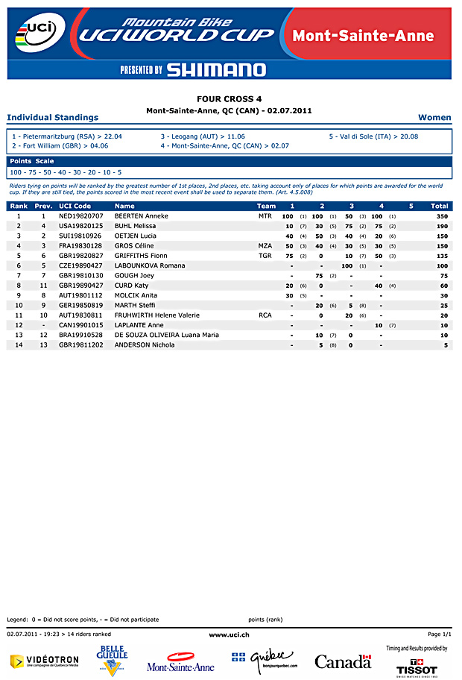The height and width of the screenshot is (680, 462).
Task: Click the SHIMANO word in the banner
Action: click(x=216, y=70)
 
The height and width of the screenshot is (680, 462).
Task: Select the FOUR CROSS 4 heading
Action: click(x=229, y=98)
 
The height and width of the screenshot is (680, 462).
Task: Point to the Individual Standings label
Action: click(x=52, y=118)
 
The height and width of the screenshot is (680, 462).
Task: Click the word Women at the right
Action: click(x=434, y=118)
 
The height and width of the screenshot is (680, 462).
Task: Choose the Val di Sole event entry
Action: click(x=373, y=136)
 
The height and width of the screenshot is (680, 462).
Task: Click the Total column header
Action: click(x=440, y=206)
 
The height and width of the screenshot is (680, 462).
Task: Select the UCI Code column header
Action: click(x=75, y=206)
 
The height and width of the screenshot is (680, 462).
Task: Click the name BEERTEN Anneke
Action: click(x=142, y=216)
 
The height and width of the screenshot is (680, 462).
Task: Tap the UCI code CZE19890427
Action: click(x=81, y=265)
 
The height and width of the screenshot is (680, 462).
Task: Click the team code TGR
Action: click(x=265, y=256)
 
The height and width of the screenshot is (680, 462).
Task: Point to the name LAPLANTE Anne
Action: click(x=139, y=325)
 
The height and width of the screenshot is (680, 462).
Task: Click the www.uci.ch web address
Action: click(x=229, y=634)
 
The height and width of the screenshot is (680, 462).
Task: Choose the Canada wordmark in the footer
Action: click(x=342, y=661)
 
